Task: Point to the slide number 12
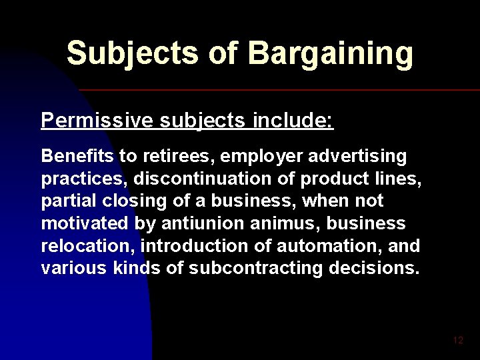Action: pyautogui.click(x=457, y=341)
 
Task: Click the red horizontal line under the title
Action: pyautogui.click(x=280, y=89)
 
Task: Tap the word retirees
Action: pyautogui.click(x=159, y=156)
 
